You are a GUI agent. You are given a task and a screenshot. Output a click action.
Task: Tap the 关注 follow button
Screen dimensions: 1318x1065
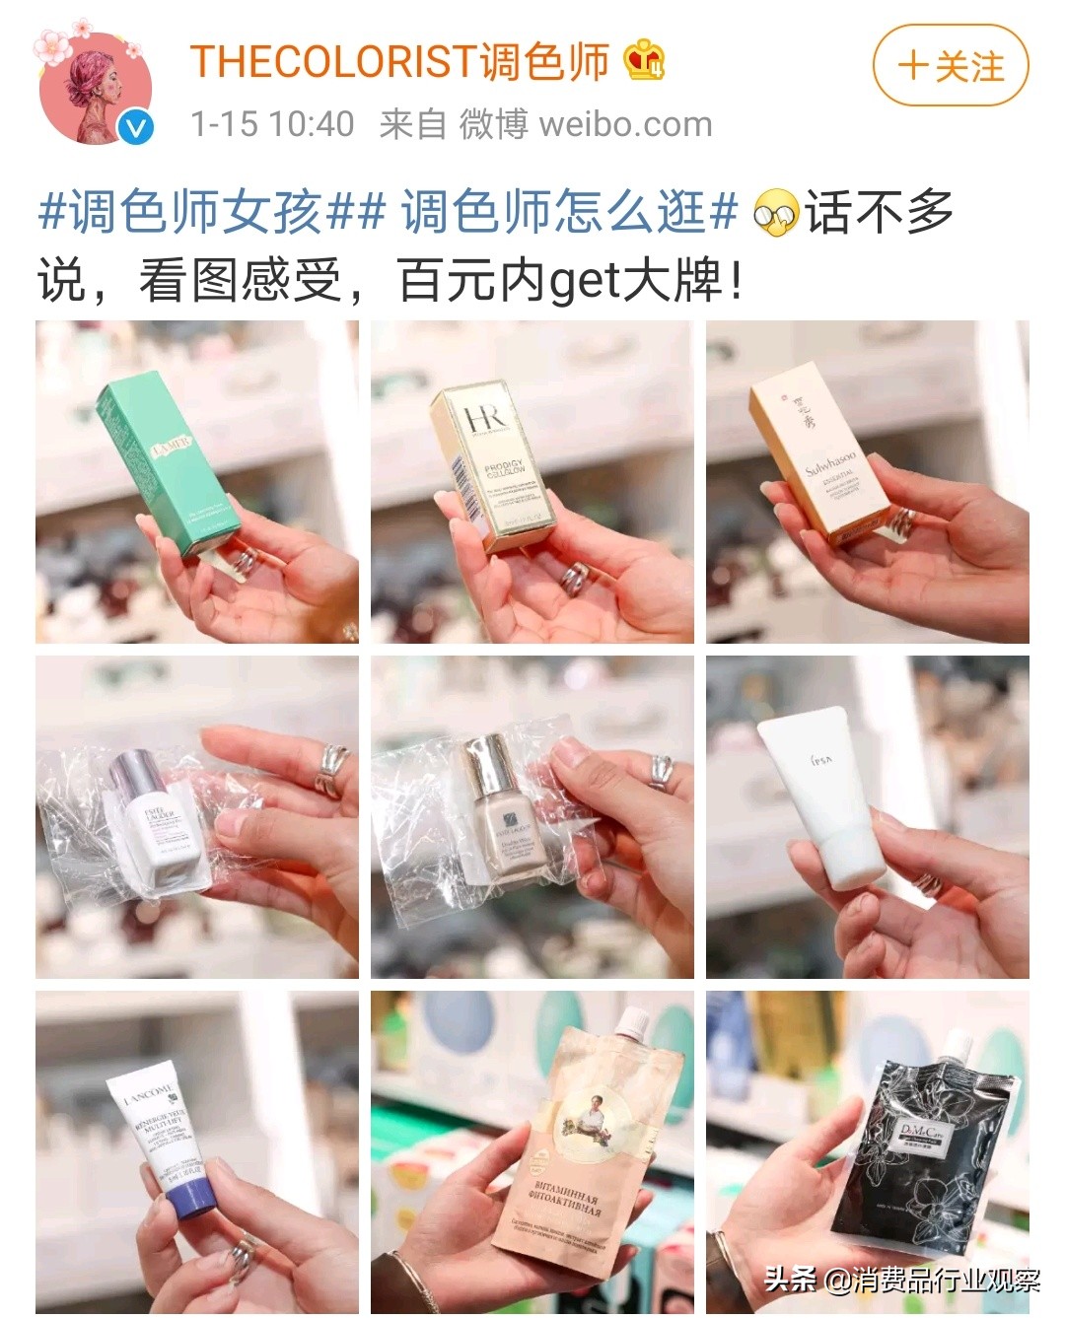click(x=950, y=66)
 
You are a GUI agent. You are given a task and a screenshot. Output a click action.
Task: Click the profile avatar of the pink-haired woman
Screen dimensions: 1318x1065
click(x=95, y=88)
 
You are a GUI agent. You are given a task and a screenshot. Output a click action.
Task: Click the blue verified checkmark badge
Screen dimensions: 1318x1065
click(x=136, y=127)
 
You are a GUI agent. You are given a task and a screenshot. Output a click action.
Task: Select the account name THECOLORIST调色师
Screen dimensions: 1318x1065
click(x=399, y=62)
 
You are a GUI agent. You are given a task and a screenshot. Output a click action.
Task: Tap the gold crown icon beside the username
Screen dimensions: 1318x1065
click(x=645, y=60)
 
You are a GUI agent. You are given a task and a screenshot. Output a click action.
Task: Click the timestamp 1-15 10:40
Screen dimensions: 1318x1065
click(x=272, y=124)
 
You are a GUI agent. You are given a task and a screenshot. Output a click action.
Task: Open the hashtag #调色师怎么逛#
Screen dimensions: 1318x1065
click(x=569, y=212)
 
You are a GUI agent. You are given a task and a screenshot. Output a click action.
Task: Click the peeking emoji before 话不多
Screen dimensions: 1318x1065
click(x=775, y=213)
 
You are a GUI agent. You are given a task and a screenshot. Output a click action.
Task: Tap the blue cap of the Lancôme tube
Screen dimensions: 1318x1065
click(x=192, y=1201)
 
